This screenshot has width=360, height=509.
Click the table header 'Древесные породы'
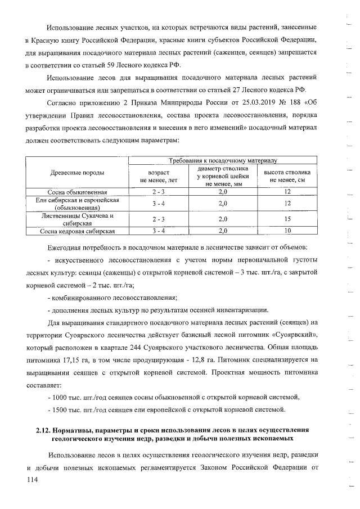(x=77, y=173)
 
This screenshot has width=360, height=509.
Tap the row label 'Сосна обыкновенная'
(x=77, y=192)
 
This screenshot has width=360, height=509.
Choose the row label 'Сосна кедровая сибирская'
(x=77, y=231)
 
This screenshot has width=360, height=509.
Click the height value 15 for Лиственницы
(x=287, y=219)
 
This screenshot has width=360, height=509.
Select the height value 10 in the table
(x=287, y=231)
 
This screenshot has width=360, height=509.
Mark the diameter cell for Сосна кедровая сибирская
(x=222, y=231)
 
